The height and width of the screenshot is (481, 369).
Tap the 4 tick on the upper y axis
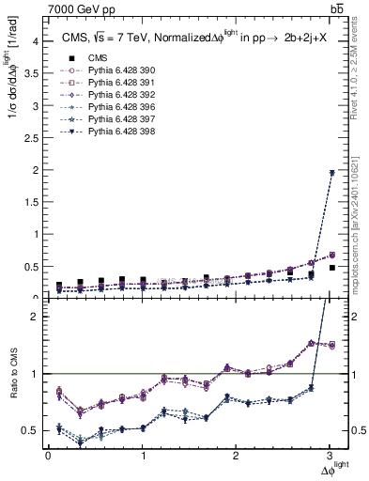point(38,41)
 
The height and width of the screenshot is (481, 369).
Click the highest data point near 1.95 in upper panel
point(331,173)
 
